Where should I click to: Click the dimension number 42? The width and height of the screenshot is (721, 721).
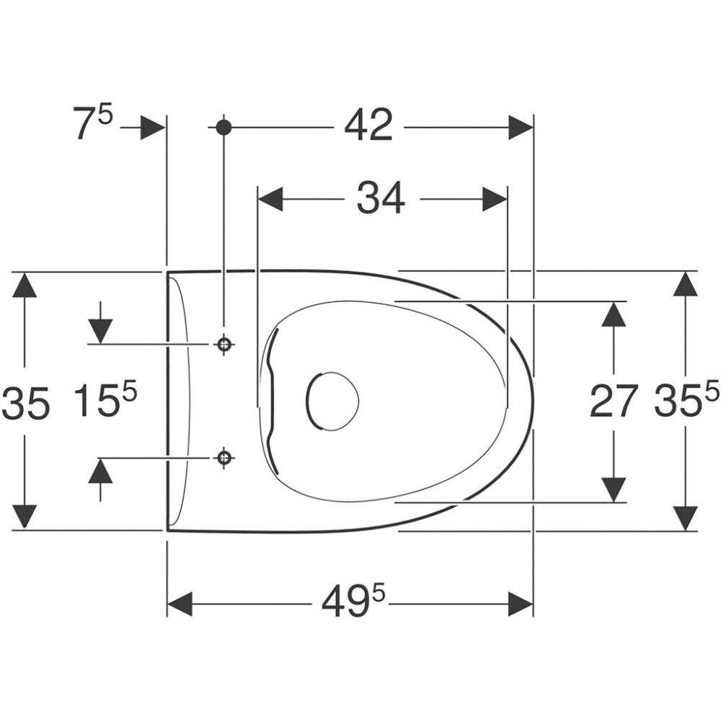tap(368, 125)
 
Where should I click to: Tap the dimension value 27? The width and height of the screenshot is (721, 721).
tap(614, 402)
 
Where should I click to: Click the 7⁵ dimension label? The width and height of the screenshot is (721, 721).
tap(92, 122)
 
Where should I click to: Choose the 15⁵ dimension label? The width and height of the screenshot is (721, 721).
tap(106, 400)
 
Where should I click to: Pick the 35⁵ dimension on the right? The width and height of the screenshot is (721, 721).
tap(687, 400)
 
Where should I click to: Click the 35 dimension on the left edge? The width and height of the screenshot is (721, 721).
tap(25, 403)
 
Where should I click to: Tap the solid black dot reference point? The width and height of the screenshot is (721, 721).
tap(224, 128)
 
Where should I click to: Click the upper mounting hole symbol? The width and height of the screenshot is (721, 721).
tap(224, 343)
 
